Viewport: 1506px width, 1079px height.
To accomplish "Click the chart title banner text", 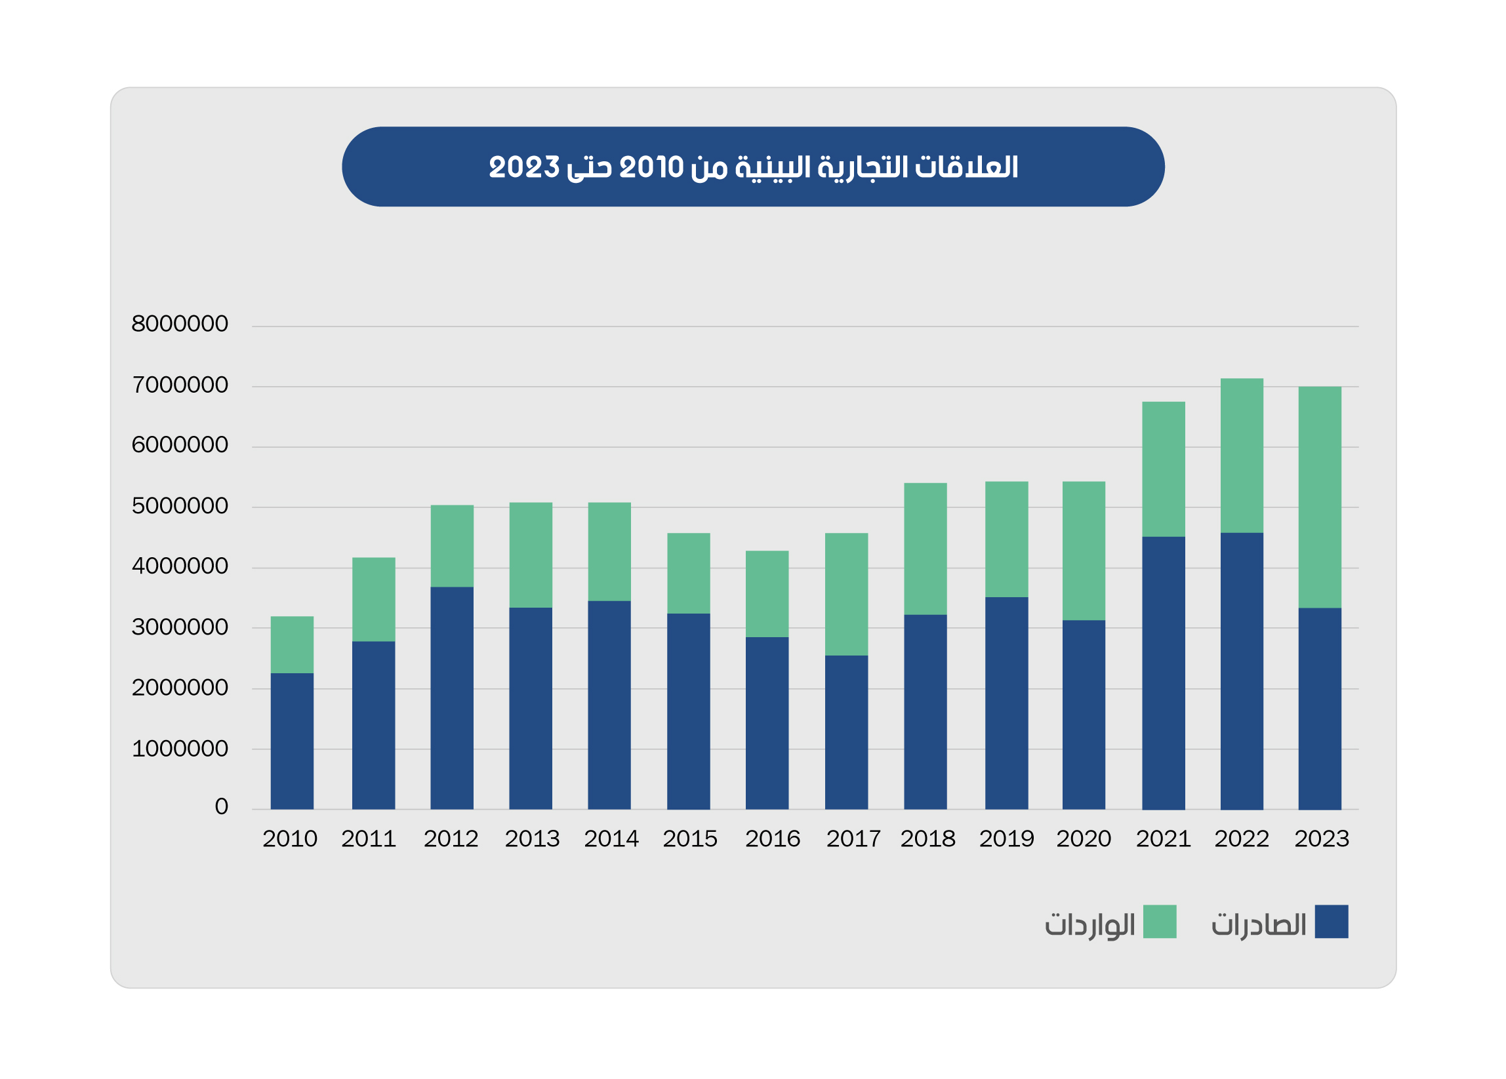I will coord(753,167).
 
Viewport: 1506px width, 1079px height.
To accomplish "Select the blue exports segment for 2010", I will coord(292,741).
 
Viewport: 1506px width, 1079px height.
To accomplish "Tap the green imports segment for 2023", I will coord(1320,497).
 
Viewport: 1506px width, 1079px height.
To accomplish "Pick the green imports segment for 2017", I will coord(846,594).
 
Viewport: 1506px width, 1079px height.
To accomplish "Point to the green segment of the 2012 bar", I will coord(451,545).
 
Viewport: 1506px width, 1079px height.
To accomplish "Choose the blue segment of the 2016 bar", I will coord(767,722).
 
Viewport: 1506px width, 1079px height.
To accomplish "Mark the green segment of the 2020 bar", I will coord(1083,551).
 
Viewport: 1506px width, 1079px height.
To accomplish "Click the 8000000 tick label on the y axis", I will coord(180,324).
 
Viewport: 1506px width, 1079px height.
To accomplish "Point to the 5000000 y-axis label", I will coord(180,505).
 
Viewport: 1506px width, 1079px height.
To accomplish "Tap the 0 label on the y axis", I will coord(221,806).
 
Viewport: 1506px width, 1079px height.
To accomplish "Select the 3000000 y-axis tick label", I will coord(180,627).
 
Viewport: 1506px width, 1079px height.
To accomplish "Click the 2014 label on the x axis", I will coord(611,839).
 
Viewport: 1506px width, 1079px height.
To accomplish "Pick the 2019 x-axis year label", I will coord(1006,839).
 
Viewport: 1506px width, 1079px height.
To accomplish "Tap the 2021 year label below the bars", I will coord(1163,839).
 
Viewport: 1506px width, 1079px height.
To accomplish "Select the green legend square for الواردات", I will coord(1160,921).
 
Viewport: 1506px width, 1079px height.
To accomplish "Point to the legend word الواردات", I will coord(1089,924).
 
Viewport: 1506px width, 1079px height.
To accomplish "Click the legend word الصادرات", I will coord(1258,924).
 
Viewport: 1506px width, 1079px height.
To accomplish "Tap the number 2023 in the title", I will coord(524,167).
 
